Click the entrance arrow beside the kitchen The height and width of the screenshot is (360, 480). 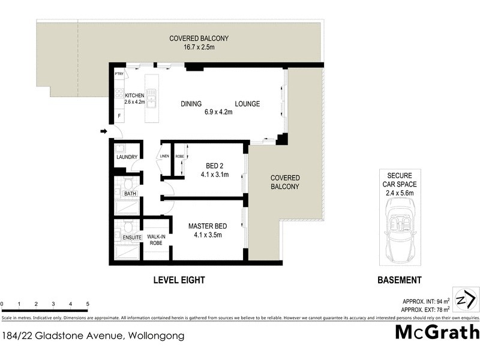(103, 131)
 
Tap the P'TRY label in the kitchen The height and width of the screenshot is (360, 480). (119, 74)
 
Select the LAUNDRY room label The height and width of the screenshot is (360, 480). (127, 158)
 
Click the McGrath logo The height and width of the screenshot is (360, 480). (437, 332)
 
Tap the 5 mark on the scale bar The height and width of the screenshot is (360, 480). (88, 304)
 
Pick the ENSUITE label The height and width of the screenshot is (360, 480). (132, 238)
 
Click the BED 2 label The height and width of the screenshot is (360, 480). (211, 166)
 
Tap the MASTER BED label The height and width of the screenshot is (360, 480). (207, 226)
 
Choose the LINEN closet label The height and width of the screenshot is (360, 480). (164, 157)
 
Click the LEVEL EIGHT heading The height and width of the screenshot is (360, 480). (179, 280)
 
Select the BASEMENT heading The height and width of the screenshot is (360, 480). (399, 280)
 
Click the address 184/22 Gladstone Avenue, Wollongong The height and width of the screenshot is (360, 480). (93, 336)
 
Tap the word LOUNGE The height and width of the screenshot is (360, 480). (247, 104)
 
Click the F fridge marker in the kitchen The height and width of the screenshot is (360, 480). (119, 115)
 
